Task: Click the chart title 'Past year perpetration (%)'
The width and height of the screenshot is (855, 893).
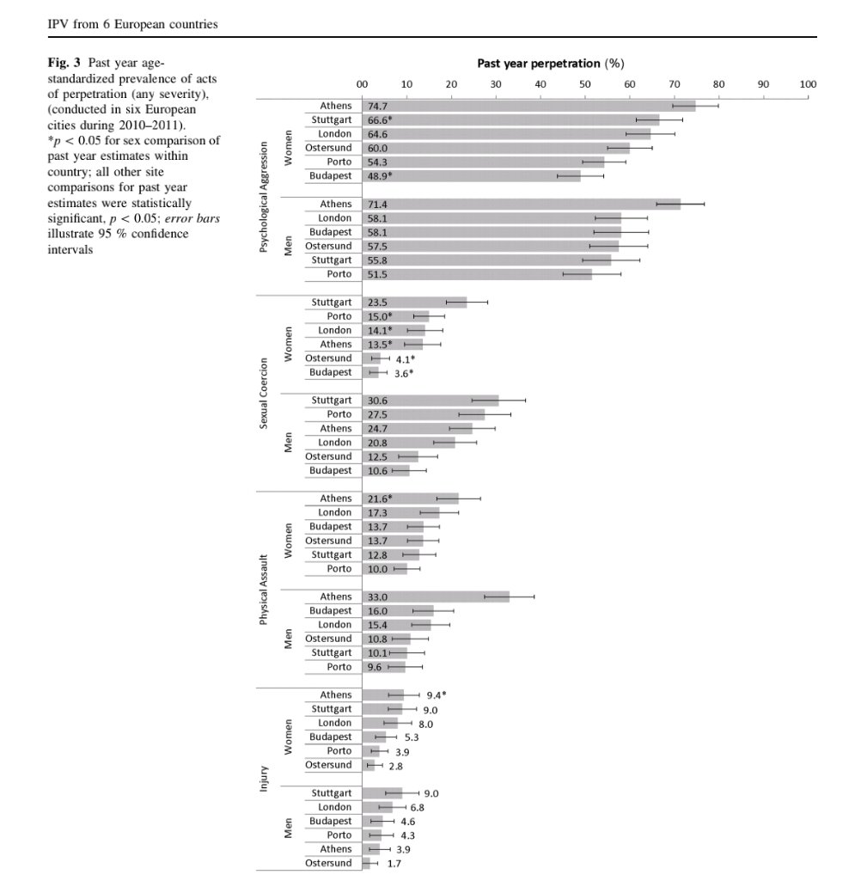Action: (x=550, y=64)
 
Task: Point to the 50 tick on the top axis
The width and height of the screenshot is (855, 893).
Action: (x=584, y=84)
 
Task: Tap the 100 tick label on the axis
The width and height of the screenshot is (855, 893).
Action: (x=807, y=84)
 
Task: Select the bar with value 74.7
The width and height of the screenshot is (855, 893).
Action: (x=528, y=106)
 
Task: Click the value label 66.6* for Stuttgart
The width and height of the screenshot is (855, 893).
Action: (x=380, y=119)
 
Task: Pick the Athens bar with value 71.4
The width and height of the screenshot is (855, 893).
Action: (x=521, y=204)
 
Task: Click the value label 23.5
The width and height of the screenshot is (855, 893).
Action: (x=376, y=302)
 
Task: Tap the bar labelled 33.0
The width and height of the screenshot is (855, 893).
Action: (x=436, y=596)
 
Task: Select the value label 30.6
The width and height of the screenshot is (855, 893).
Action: (x=376, y=401)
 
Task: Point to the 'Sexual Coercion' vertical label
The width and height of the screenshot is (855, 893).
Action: (x=264, y=386)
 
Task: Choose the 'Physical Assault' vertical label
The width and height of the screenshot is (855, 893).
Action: (x=264, y=583)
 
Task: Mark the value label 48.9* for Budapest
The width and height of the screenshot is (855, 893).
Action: (x=380, y=175)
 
